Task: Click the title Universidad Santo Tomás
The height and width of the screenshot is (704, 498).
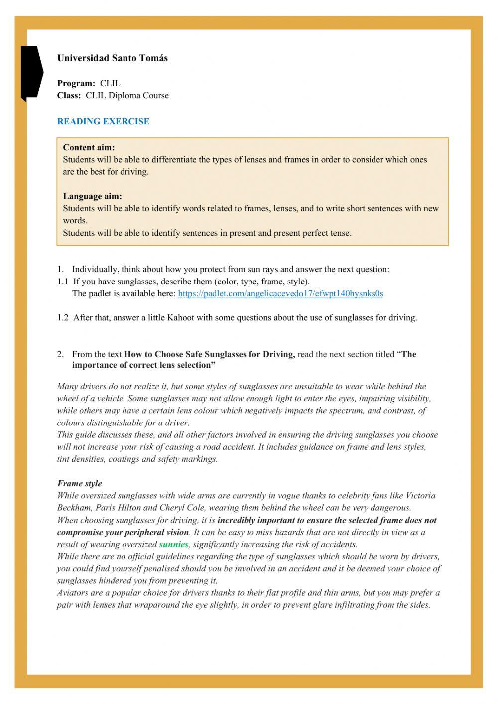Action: tap(112, 58)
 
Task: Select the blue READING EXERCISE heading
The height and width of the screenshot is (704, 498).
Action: tap(103, 121)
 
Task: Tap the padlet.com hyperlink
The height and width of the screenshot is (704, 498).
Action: tap(280, 293)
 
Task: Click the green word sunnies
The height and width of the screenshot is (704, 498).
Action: tap(173, 545)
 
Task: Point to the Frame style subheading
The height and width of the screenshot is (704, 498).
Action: tap(79, 483)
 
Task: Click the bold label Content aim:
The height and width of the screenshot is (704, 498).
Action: tap(89, 147)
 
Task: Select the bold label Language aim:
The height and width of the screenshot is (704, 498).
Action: tap(92, 196)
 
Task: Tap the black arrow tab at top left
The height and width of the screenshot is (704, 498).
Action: tap(31, 72)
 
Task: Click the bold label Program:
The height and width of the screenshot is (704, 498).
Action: tap(76, 83)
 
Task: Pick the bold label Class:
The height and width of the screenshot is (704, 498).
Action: tap(69, 95)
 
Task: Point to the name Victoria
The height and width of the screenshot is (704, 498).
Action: tap(420, 496)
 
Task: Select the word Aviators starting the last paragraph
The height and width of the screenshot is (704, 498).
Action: tap(73, 593)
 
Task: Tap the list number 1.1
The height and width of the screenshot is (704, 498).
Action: tap(62, 282)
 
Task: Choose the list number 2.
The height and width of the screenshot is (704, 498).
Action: tap(60, 354)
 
